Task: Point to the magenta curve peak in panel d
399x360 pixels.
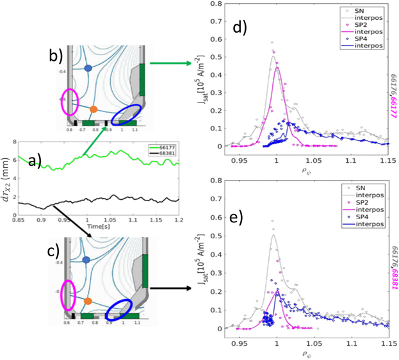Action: (x=277, y=67)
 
